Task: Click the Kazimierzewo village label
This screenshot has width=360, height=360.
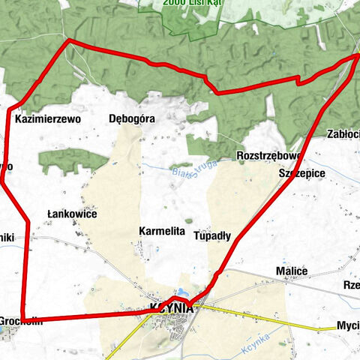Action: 47,118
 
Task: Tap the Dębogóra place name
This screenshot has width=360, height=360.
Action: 131,118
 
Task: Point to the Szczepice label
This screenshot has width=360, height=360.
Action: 301,173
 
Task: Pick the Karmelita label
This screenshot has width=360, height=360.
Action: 161,232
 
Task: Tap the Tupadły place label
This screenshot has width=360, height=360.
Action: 212,235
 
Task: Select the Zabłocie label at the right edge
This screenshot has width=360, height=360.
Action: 343,134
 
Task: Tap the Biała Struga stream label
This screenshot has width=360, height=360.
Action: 183,171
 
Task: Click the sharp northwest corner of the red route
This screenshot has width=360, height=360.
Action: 68,40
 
